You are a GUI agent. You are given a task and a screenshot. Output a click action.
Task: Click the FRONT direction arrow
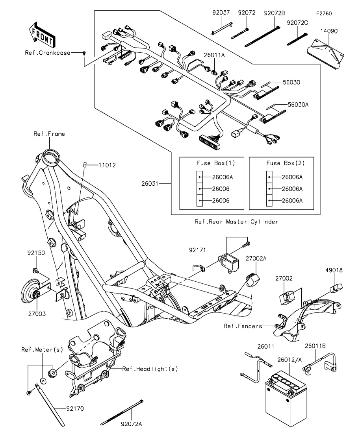pyautogui.click(x=42, y=35)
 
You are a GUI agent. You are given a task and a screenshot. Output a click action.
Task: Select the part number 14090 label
pyautogui.click(x=329, y=31)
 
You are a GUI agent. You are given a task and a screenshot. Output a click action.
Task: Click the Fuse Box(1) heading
pyautogui.click(x=216, y=163)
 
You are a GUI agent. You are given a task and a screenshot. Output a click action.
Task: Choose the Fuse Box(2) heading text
pyautogui.click(x=286, y=163)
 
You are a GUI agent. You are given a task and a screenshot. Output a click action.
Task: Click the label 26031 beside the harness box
pyautogui.click(x=150, y=183)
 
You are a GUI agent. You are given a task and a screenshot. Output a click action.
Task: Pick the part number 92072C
pyautogui.click(x=297, y=23)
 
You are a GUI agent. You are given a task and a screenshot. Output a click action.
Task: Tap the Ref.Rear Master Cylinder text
pyautogui.click(x=236, y=222)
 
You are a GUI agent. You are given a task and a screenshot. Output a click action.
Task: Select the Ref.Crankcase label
pyautogui.click(x=47, y=53)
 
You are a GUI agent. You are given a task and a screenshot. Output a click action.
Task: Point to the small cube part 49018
pyautogui.click(x=336, y=288)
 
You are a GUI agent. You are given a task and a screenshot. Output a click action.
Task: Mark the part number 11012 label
pyautogui.click(x=107, y=165)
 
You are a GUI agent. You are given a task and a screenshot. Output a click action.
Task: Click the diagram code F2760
pyautogui.click(x=324, y=13)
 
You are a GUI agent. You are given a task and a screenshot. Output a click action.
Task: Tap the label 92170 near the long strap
pyautogui.click(x=75, y=408)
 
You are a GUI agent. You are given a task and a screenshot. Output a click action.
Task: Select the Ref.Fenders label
pyautogui.click(x=243, y=326)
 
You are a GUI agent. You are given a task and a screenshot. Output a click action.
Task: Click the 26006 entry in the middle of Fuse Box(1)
pyautogui.click(x=221, y=189)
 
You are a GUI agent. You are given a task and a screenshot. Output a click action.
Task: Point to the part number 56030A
pyautogui.click(x=298, y=105)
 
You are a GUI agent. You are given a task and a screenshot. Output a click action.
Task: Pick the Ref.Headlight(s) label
pyautogui.click(x=150, y=369)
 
